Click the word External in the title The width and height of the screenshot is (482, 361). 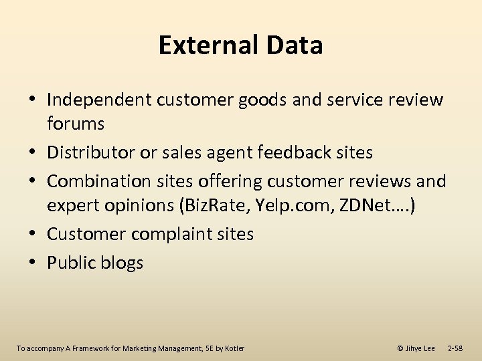coord(207,45)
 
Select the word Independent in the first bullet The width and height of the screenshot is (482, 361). coord(99,100)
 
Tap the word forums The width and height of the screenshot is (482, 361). coord(76,124)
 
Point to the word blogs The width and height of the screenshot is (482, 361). coord(121,263)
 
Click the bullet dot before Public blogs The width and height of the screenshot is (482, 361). coord(33,263)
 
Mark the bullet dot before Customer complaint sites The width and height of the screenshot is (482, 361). coord(33,234)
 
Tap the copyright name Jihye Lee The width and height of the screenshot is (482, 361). coord(420,348)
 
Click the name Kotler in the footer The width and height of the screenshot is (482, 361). coord(234,348)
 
